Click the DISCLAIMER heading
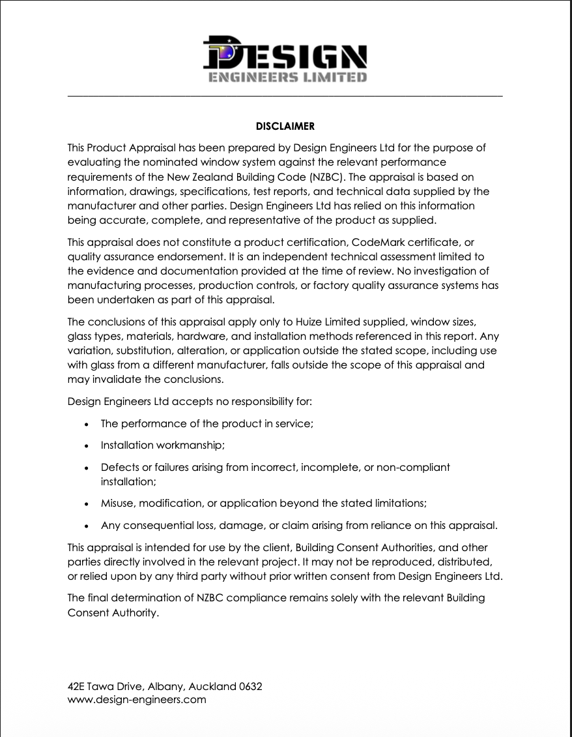coord(285,126)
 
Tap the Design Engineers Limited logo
coord(285,59)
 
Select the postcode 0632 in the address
coord(251,687)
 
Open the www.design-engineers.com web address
coord(137,700)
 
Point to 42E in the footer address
coord(76,687)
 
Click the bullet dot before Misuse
coord(88,504)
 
